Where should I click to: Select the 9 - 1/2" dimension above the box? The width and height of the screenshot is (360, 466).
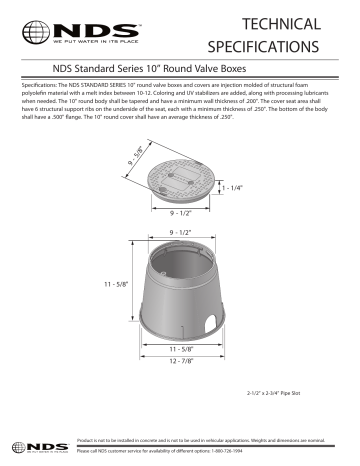[180, 232]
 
